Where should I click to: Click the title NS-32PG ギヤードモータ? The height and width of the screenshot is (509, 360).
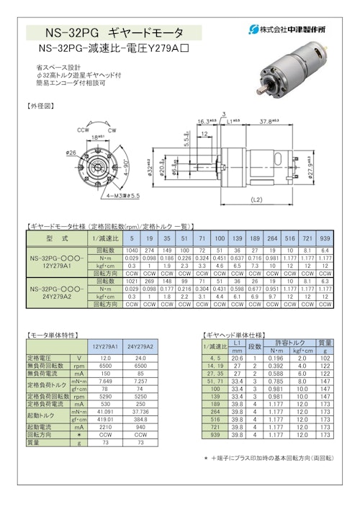[x=114, y=32]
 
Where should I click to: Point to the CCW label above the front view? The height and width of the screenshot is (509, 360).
[x=83, y=130]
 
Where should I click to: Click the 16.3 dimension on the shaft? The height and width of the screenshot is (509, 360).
[x=203, y=122]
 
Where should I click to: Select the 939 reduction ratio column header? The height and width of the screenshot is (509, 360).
[x=325, y=237]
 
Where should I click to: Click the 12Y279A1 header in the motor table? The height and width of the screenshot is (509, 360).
[x=105, y=347]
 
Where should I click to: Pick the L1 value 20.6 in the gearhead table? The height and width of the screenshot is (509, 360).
[x=238, y=358]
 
